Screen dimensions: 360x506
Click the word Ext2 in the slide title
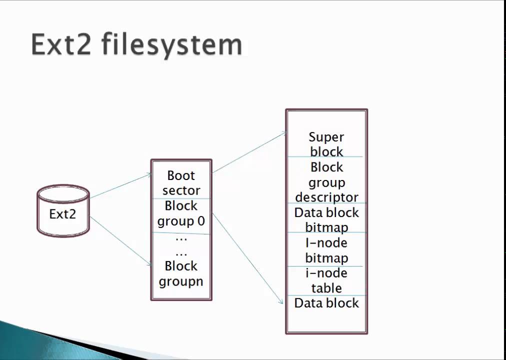click(x=61, y=45)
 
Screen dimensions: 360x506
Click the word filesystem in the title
click(x=172, y=45)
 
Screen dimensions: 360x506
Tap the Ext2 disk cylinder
click(x=63, y=211)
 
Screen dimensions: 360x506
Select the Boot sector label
click(x=181, y=183)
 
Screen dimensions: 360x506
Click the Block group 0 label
click(x=181, y=213)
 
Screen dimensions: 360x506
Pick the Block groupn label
click(x=181, y=273)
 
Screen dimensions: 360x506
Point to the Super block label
click(x=326, y=144)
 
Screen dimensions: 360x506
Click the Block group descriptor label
click(x=326, y=182)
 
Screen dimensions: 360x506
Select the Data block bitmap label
click(x=326, y=220)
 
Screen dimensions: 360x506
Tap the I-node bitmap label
click(x=326, y=250)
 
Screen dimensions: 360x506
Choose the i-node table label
click(x=326, y=280)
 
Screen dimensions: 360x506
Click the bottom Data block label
click(x=326, y=303)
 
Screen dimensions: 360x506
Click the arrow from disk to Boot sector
click(x=120, y=186)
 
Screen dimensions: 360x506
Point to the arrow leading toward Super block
click(x=249, y=152)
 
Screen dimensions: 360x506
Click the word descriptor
click(x=326, y=197)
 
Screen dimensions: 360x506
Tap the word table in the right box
click(x=326, y=288)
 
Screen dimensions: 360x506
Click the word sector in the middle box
click(x=181, y=191)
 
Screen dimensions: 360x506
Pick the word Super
click(x=326, y=137)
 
